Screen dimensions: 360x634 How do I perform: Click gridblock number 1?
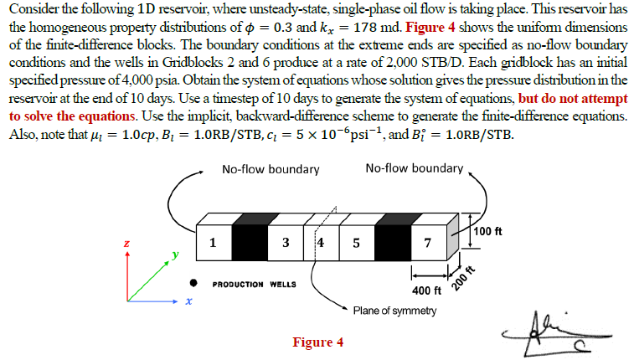point(213,244)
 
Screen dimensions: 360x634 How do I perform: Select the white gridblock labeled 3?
point(286,244)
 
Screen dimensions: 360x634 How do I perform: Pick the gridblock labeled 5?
point(356,244)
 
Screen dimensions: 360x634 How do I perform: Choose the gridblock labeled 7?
point(428,244)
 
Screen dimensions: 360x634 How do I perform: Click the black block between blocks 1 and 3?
point(250,244)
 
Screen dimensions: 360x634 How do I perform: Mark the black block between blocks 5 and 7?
point(392,244)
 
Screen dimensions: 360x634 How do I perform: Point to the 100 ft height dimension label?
point(487,231)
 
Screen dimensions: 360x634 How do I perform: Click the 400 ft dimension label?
point(428,291)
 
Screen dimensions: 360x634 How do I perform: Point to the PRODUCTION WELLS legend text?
point(255,285)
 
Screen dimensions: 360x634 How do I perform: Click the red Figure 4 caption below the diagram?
point(317,342)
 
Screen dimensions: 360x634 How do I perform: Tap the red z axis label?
point(126,243)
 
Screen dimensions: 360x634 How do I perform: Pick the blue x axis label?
point(187,302)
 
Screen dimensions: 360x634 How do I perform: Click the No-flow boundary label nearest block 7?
point(414,168)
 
